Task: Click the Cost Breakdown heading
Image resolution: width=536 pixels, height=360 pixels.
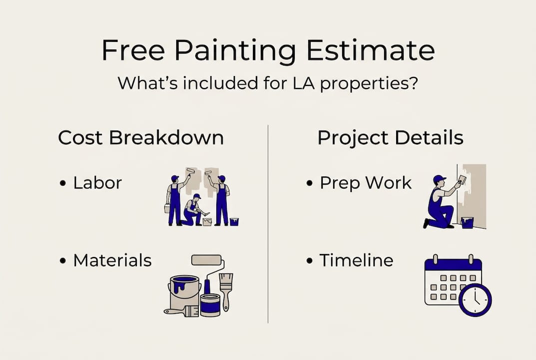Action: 140,138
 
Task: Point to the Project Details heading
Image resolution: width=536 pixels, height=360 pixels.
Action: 390,138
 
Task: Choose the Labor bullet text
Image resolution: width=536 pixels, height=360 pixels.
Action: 97,183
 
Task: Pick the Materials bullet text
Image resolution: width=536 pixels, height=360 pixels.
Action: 112,260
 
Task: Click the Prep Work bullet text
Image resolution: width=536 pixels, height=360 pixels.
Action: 366,183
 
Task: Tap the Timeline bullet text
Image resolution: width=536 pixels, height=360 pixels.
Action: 356,260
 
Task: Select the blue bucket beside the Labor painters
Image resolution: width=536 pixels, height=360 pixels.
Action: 234,221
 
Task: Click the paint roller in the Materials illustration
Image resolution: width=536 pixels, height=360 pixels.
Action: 207,260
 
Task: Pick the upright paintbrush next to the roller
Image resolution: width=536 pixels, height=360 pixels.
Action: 226,290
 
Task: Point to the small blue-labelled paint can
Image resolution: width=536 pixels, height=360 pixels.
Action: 210,305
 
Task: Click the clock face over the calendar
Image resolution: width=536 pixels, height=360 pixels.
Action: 475,300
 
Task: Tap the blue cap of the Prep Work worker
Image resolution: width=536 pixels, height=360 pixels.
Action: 439,178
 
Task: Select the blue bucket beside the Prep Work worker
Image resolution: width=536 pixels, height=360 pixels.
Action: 467,222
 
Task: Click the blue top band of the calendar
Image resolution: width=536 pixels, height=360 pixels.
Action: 453,264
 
